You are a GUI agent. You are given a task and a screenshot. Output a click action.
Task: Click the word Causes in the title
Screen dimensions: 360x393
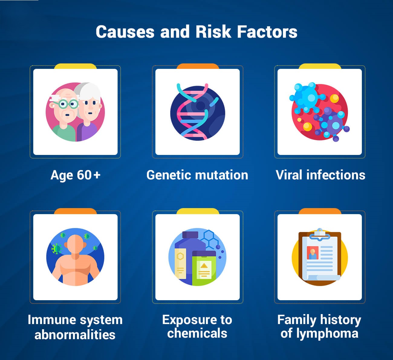[125, 32]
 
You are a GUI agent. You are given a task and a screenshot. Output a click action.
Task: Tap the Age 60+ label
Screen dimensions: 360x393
[76, 175]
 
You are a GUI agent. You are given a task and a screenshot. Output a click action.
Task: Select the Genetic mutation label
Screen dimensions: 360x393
[197, 175]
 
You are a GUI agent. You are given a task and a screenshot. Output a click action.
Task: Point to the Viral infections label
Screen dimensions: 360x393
[320, 175]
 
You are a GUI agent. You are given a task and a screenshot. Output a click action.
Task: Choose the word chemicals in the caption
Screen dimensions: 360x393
[197, 333]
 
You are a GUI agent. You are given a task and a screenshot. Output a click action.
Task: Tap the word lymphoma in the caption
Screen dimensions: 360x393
[327, 333]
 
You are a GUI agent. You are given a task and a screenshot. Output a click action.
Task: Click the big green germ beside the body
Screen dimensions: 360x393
[57, 249]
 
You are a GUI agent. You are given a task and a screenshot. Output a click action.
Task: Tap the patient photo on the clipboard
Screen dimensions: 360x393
[313, 253]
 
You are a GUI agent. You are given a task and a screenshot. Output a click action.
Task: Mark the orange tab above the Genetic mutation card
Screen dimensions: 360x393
[197, 66]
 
